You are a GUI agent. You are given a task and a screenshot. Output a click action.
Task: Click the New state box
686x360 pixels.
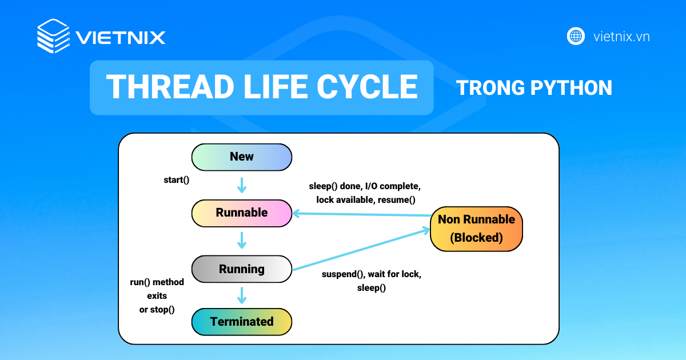[242, 157]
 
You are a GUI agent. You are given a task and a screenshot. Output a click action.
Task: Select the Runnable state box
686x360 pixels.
[242, 213]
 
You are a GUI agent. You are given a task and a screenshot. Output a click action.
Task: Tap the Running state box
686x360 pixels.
[242, 269]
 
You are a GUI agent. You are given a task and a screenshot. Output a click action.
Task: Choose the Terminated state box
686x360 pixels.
[242, 322]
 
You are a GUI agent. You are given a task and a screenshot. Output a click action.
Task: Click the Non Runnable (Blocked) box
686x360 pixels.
[476, 229]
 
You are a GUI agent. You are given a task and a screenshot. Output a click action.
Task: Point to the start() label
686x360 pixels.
[177, 180]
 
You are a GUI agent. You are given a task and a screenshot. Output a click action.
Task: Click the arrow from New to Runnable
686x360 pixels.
[242, 185]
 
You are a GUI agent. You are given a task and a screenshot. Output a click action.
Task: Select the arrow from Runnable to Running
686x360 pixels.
[242, 241]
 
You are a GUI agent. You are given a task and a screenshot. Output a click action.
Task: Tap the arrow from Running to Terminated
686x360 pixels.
[242, 295]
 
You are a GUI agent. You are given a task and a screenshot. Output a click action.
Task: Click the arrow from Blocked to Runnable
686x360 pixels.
[362, 214]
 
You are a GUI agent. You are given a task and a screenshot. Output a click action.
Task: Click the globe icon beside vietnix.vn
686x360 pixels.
[576, 37]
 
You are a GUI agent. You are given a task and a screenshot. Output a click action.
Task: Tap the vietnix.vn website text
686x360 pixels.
[621, 37]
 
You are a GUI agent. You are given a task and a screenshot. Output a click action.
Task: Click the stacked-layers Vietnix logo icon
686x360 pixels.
[53, 36]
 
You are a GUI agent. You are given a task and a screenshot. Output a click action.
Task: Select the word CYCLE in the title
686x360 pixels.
[367, 87]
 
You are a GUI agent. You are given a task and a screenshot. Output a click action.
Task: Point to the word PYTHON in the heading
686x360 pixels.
[571, 88]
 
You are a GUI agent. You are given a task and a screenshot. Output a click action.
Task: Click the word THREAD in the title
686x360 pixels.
[170, 87]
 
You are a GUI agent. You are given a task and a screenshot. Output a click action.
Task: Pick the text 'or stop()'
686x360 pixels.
[157, 310]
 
